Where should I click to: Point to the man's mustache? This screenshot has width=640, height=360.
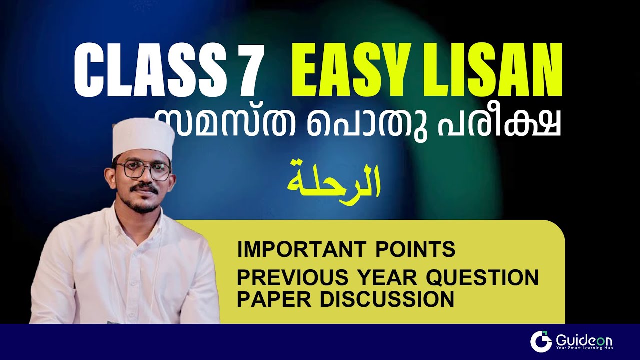coord(146,189)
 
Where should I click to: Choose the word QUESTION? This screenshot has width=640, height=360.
coord(480,276)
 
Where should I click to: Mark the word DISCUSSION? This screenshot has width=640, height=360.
coord(387,299)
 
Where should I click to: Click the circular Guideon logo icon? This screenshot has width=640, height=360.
coord(541,341)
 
